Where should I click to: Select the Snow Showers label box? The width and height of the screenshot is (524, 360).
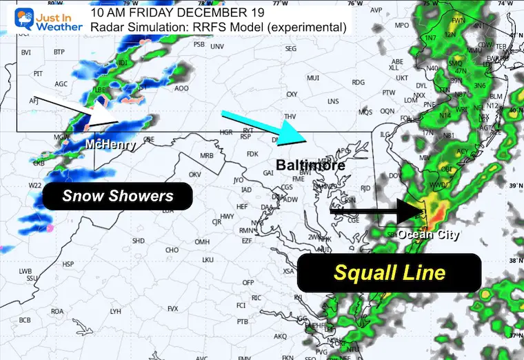[118, 196]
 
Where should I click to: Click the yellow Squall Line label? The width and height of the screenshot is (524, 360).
[389, 272]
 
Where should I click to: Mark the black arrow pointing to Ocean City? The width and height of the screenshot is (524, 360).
[379, 212]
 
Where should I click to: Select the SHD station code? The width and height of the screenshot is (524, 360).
[139, 241]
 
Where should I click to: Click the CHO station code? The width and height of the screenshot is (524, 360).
[172, 250]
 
